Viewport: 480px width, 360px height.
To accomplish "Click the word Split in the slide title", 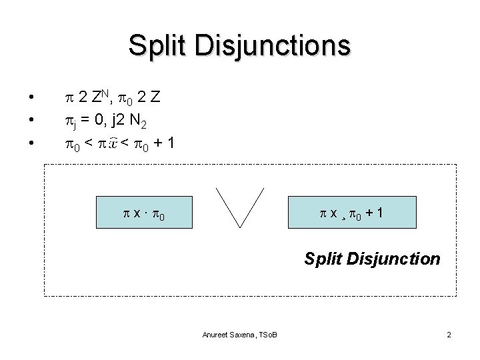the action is point(157,46).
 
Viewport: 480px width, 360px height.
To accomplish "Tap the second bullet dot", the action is point(31,121).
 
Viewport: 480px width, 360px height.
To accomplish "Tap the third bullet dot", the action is point(31,143).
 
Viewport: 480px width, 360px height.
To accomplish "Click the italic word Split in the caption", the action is point(323,258).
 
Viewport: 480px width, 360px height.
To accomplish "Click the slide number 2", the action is point(449,333).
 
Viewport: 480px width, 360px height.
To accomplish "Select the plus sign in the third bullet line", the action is point(155,142).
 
